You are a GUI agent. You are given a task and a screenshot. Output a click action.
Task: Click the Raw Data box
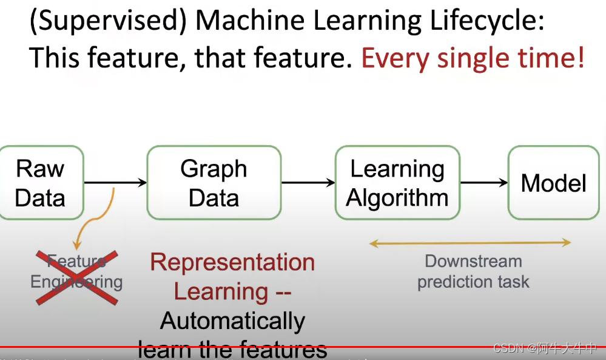pos(40,183)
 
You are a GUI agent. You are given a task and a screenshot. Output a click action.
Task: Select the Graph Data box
pos(214,183)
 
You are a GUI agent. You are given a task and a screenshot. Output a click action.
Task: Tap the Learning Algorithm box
pos(397,183)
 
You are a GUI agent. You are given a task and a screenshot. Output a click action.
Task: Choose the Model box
pos(553,183)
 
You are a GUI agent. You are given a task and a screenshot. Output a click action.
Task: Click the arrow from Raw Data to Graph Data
pos(115,182)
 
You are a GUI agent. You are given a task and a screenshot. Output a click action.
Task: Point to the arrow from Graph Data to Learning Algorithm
pos(308,182)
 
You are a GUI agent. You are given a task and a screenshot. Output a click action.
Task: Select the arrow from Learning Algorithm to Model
pos(484,182)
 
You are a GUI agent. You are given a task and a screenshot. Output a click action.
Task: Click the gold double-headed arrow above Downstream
pos(470,243)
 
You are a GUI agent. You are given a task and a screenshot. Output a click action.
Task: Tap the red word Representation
pos(232,262)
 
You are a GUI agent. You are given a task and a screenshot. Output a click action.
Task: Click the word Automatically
pos(232,321)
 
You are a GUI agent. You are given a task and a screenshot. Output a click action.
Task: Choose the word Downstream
pos(473,262)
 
